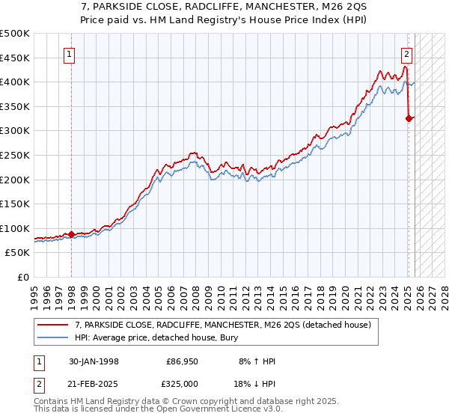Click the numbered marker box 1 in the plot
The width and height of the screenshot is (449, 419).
69,54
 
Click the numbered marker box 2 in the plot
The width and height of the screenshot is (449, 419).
406,54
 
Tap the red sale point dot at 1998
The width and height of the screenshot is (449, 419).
71,234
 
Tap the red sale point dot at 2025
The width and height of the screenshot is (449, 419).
409,117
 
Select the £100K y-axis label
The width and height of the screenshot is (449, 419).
15,228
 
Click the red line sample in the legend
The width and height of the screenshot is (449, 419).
53,325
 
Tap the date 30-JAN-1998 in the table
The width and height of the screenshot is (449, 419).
93,361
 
